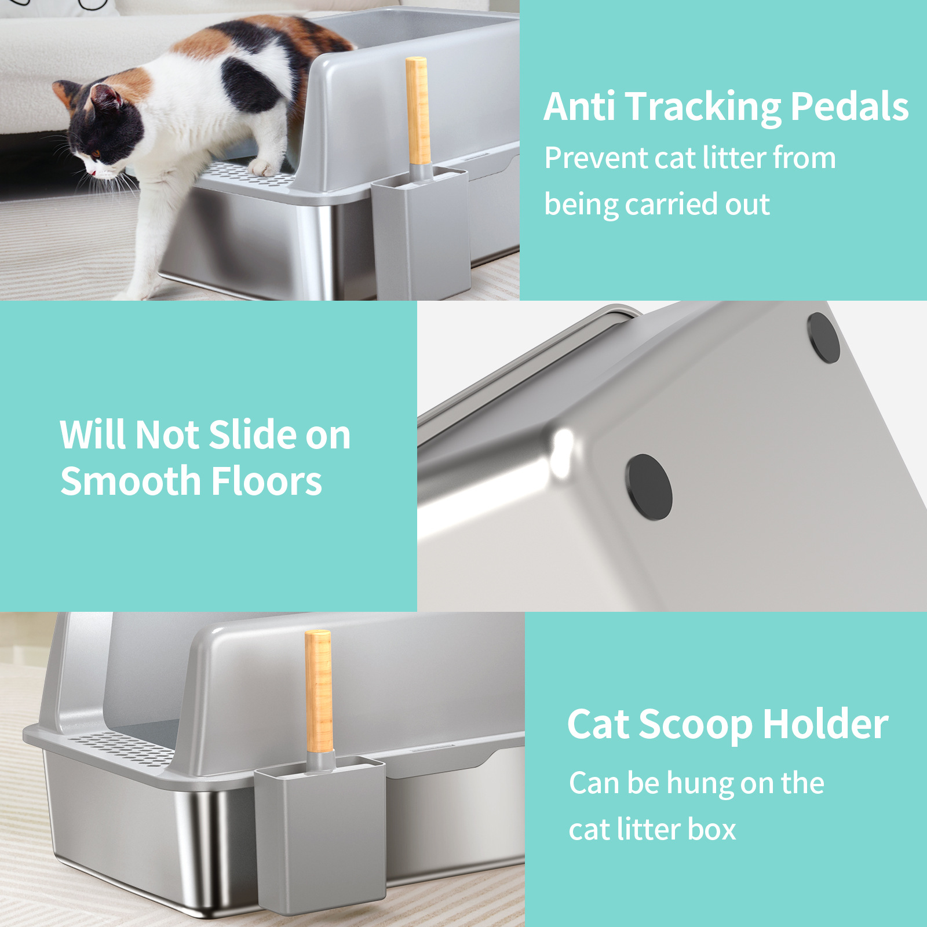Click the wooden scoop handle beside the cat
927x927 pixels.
(418, 110)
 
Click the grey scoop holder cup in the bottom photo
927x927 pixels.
(320, 834)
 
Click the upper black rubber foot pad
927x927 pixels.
(823, 338)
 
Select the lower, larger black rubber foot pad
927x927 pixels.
(649, 487)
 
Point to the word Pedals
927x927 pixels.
(849, 107)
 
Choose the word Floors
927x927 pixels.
(267, 481)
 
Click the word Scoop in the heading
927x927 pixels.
(696, 725)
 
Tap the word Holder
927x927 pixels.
(826, 724)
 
